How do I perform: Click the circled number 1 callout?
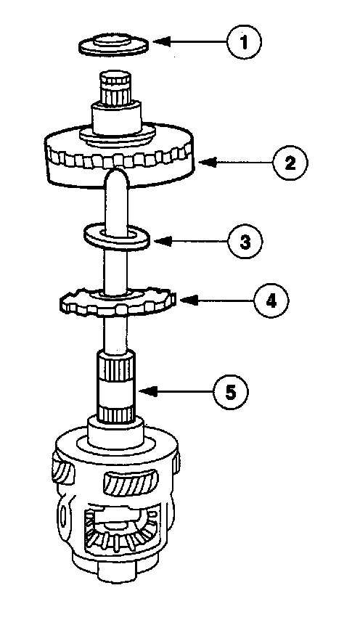coord(244,41)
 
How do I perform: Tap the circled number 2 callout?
coord(290,163)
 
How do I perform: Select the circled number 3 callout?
coord(245,242)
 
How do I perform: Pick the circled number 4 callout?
coord(271,301)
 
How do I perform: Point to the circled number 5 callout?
coord(231,391)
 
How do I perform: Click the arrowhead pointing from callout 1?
coord(161,41)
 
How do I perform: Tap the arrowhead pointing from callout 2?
coord(208,162)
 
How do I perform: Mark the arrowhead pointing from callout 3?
coord(162,241)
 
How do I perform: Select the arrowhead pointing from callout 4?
coord(188,301)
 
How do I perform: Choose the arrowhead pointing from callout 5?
coord(148,391)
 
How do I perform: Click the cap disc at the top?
coord(114,44)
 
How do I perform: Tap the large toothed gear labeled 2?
coord(120,155)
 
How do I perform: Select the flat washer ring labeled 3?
coord(115,237)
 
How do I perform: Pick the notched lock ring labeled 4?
coord(115,302)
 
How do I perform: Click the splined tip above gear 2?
coord(115,88)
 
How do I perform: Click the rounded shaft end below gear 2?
coord(115,179)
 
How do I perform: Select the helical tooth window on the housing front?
coord(131,482)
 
